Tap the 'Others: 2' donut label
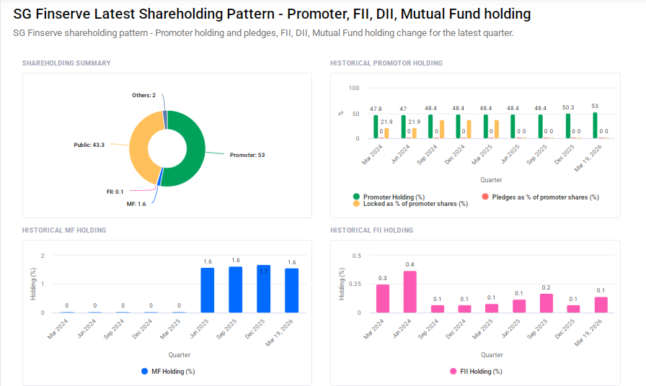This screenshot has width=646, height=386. point(143,95)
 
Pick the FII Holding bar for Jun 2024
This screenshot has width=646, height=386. point(410,292)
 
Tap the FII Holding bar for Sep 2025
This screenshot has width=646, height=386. point(547,303)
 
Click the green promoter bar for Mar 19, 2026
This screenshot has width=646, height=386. point(596,125)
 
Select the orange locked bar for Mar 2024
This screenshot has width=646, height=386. point(386,133)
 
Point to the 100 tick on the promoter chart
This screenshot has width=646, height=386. point(353,89)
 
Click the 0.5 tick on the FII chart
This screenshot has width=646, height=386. point(356,256)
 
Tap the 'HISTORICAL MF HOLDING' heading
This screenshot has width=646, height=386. point(64,230)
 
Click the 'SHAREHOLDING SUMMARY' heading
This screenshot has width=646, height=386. point(66,63)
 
